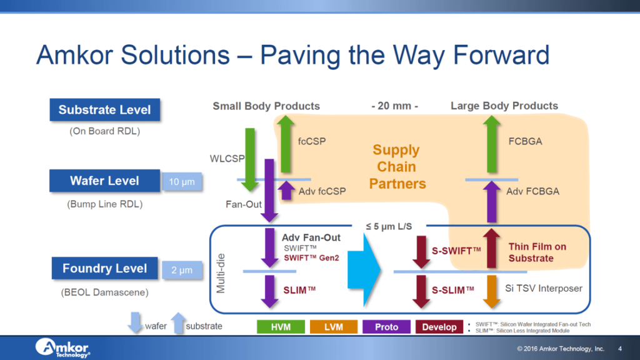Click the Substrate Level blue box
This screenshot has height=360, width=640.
click(x=104, y=110)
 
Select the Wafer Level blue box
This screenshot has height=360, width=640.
click(x=104, y=181)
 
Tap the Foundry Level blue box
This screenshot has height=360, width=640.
click(x=104, y=269)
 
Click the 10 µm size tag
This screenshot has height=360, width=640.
click(x=182, y=182)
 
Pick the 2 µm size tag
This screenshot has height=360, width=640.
click(x=182, y=271)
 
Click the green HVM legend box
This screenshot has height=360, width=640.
click(x=281, y=327)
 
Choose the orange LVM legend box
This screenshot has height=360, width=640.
click(x=334, y=327)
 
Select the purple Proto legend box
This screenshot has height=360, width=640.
click(x=387, y=327)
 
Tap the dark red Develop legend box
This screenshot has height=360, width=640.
click(x=439, y=327)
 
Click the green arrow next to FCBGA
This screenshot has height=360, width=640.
click(x=492, y=144)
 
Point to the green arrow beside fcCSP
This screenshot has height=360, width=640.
click(x=286, y=143)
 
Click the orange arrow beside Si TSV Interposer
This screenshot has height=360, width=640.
click(x=492, y=291)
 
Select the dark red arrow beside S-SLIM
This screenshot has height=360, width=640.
click(x=421, y=291)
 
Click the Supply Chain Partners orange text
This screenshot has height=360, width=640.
click(x=397, y=167)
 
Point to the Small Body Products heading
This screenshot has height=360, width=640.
click(x=266, y=106)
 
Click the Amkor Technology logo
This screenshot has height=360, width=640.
click(x=62, y=347)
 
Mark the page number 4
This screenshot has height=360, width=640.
click(x=619, y=348)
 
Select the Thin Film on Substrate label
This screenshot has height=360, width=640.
click(x=537, y=252)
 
